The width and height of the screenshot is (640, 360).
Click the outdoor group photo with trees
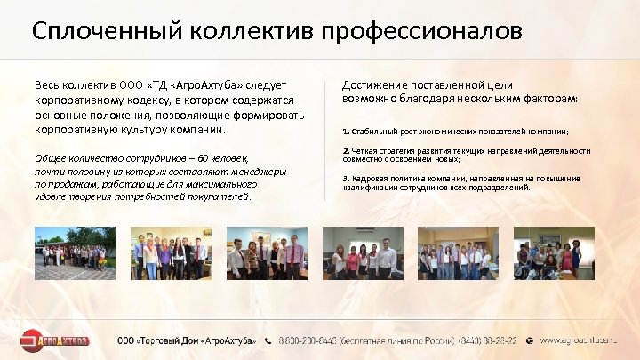tap(75, 253)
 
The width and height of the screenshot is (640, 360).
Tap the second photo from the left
tap(171, 253)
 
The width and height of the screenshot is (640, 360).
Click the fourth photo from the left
tap(363, 253)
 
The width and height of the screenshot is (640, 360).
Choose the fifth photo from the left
tap(458, 253)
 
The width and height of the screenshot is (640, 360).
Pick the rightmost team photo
tap(555, 253)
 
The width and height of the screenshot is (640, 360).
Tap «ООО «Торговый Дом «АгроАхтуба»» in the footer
tap(188, 340)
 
